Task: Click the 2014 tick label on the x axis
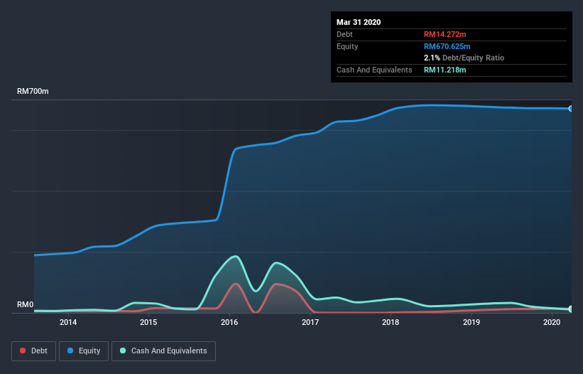pos(68,322)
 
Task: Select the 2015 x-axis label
pos(148,322)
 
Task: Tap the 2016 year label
pos(229,322)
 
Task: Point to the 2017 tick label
pos(310,322)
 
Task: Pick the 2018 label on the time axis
pos(391,322)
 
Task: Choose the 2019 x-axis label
pos(472,322)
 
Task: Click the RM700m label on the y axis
pos(33,92)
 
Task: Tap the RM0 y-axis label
pos(26,305)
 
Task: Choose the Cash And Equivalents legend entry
pos(163,351)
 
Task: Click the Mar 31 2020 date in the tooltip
pos(359,22)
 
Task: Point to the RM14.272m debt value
pos(445,34)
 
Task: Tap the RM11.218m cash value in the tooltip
pos(445,70)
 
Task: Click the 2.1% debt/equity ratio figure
pos(431,58)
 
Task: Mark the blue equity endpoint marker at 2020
pos(571,109)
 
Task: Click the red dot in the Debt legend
pos(23,351)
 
